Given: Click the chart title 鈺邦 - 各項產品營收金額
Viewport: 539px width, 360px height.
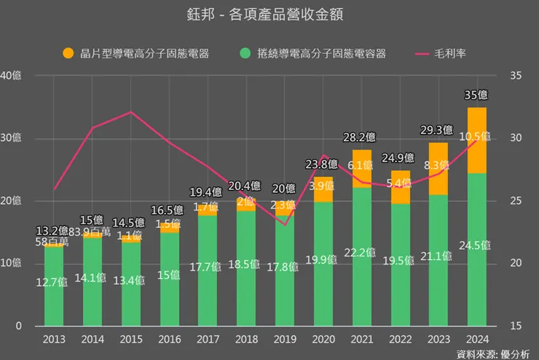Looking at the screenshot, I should click(269, 14).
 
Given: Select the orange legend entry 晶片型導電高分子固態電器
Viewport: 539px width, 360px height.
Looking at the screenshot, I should click(135, 53).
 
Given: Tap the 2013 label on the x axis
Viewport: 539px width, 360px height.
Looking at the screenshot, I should click(54, 339).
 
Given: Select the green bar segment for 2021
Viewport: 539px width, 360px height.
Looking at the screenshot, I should click(362, 255).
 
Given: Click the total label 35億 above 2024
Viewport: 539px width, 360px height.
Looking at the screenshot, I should click(476, 95).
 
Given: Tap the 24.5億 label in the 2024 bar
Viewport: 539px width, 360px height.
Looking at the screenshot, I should click(476, 245).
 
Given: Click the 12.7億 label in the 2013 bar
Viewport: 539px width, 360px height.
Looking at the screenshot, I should click(53, 283).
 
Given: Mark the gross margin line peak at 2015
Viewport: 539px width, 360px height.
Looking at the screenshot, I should click(130, 112).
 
